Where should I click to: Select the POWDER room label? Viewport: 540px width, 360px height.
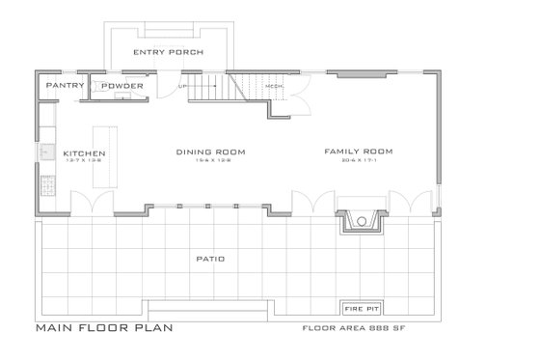(x=122, y=86)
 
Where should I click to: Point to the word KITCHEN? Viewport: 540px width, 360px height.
(x=84, y=153)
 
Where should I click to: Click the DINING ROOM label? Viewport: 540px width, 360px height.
(x=209, y=152)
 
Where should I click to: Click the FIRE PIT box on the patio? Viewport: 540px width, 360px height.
(x=361, y=308)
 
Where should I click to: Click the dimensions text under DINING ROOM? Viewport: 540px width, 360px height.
(x=209, y=160)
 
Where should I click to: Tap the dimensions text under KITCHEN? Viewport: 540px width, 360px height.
(x=84, y=161)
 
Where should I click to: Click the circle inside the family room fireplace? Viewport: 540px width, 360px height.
(x=361, y=221)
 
